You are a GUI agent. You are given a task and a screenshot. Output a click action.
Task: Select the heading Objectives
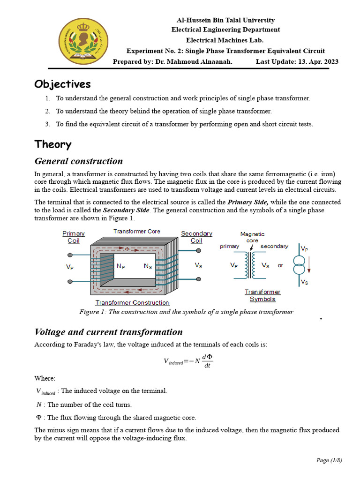click(x=62, y=84)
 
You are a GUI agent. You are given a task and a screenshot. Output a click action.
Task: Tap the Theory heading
click(x=53, y=144)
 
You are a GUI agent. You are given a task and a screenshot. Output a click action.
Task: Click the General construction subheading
click(x=79, y=161)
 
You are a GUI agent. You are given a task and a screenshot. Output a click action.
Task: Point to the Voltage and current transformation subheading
click(x=109, y=332)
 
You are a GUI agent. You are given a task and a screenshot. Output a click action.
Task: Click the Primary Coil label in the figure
click(x=74, y=237)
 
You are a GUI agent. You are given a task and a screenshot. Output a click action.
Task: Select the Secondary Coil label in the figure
click(x=196, y=237)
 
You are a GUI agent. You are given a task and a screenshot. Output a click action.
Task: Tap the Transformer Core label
click(x=136, y=232)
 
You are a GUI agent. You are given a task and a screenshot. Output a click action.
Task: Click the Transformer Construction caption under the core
click(x=132, y=303)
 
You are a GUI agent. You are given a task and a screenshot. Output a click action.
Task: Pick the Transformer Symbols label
click(x=262, y=295)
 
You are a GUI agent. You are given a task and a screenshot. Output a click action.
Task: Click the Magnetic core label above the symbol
click(x=252, y=237)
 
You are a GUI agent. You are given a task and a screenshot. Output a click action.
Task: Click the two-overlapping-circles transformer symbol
click(x=299, y=265)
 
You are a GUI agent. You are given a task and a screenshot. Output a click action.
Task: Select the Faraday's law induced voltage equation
click(x=188, y=360)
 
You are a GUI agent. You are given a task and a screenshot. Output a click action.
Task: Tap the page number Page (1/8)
click(x=329, y=460)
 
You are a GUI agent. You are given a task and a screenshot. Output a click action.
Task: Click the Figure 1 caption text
click(x=186, y=312)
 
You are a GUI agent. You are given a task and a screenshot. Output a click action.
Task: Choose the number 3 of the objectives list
click(x=47, y=124)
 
